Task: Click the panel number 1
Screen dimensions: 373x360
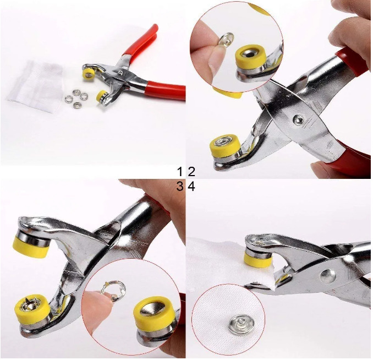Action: tap(180, 172)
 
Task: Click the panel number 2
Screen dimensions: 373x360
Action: tap(192, 172)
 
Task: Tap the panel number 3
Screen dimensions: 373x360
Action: tap(180, 187)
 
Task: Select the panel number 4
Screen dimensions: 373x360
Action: tap(191, 187)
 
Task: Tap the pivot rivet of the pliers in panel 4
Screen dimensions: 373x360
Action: tap(328, 276)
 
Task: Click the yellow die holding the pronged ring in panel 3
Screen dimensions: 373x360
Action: tap(32, 310)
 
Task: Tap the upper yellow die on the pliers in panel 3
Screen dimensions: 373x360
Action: tap(30, 247)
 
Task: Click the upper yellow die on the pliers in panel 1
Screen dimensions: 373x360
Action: tap(88, 74)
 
